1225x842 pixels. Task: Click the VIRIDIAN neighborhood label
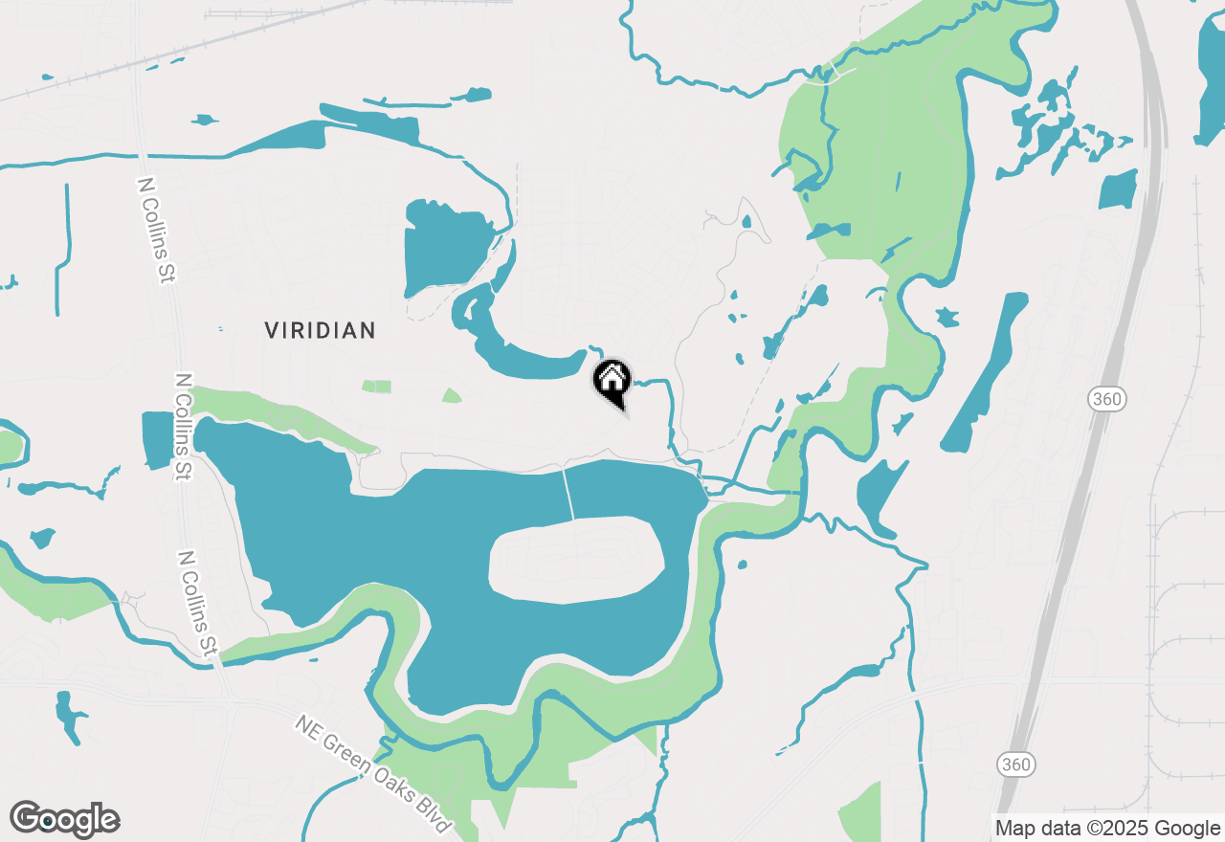320,331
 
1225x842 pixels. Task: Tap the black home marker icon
612,383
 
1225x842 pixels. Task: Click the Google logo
65,819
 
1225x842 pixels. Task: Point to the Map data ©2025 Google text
1106,829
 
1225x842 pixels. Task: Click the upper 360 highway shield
1106,399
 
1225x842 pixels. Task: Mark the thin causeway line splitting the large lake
568,493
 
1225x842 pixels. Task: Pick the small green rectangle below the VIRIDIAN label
376,387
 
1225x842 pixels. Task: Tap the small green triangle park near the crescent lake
451,395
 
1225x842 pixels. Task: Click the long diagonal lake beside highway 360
984,373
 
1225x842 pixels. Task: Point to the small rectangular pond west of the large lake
156,440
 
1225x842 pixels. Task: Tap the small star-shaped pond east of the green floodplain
947,317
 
